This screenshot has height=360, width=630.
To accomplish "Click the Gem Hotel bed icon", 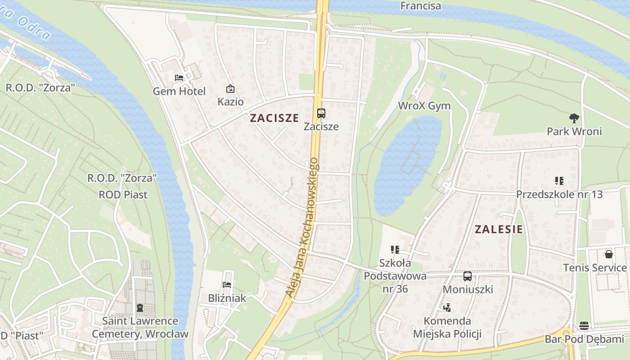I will (179, 77).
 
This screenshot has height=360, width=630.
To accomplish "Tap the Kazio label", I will (230, 102).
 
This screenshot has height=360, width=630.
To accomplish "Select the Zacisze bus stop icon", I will (321, 113).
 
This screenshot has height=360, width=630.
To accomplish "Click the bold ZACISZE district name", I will (274, 118).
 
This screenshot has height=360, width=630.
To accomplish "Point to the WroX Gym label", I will (424, 106).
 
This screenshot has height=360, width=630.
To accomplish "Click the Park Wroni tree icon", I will (574, 118).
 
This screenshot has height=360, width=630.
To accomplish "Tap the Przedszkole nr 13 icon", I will (559, 181).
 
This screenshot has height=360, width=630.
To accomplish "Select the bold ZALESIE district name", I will (499, 229).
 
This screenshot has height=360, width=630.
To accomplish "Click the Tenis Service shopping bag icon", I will (608, 254).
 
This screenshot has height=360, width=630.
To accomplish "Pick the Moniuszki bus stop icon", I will (468, 276).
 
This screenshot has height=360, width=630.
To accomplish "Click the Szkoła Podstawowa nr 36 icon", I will (395, 249).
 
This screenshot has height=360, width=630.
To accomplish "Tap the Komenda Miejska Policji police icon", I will (447, 308).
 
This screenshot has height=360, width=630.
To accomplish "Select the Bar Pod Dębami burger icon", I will (584, 325).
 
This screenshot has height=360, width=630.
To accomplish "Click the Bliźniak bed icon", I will (227, 284).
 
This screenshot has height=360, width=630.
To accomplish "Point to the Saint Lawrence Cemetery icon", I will (140, 308).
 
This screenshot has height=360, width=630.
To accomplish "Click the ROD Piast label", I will (123, 195).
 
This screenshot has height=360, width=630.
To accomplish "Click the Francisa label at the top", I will (420, 6).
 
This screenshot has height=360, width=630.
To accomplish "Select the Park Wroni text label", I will (574, 131).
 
